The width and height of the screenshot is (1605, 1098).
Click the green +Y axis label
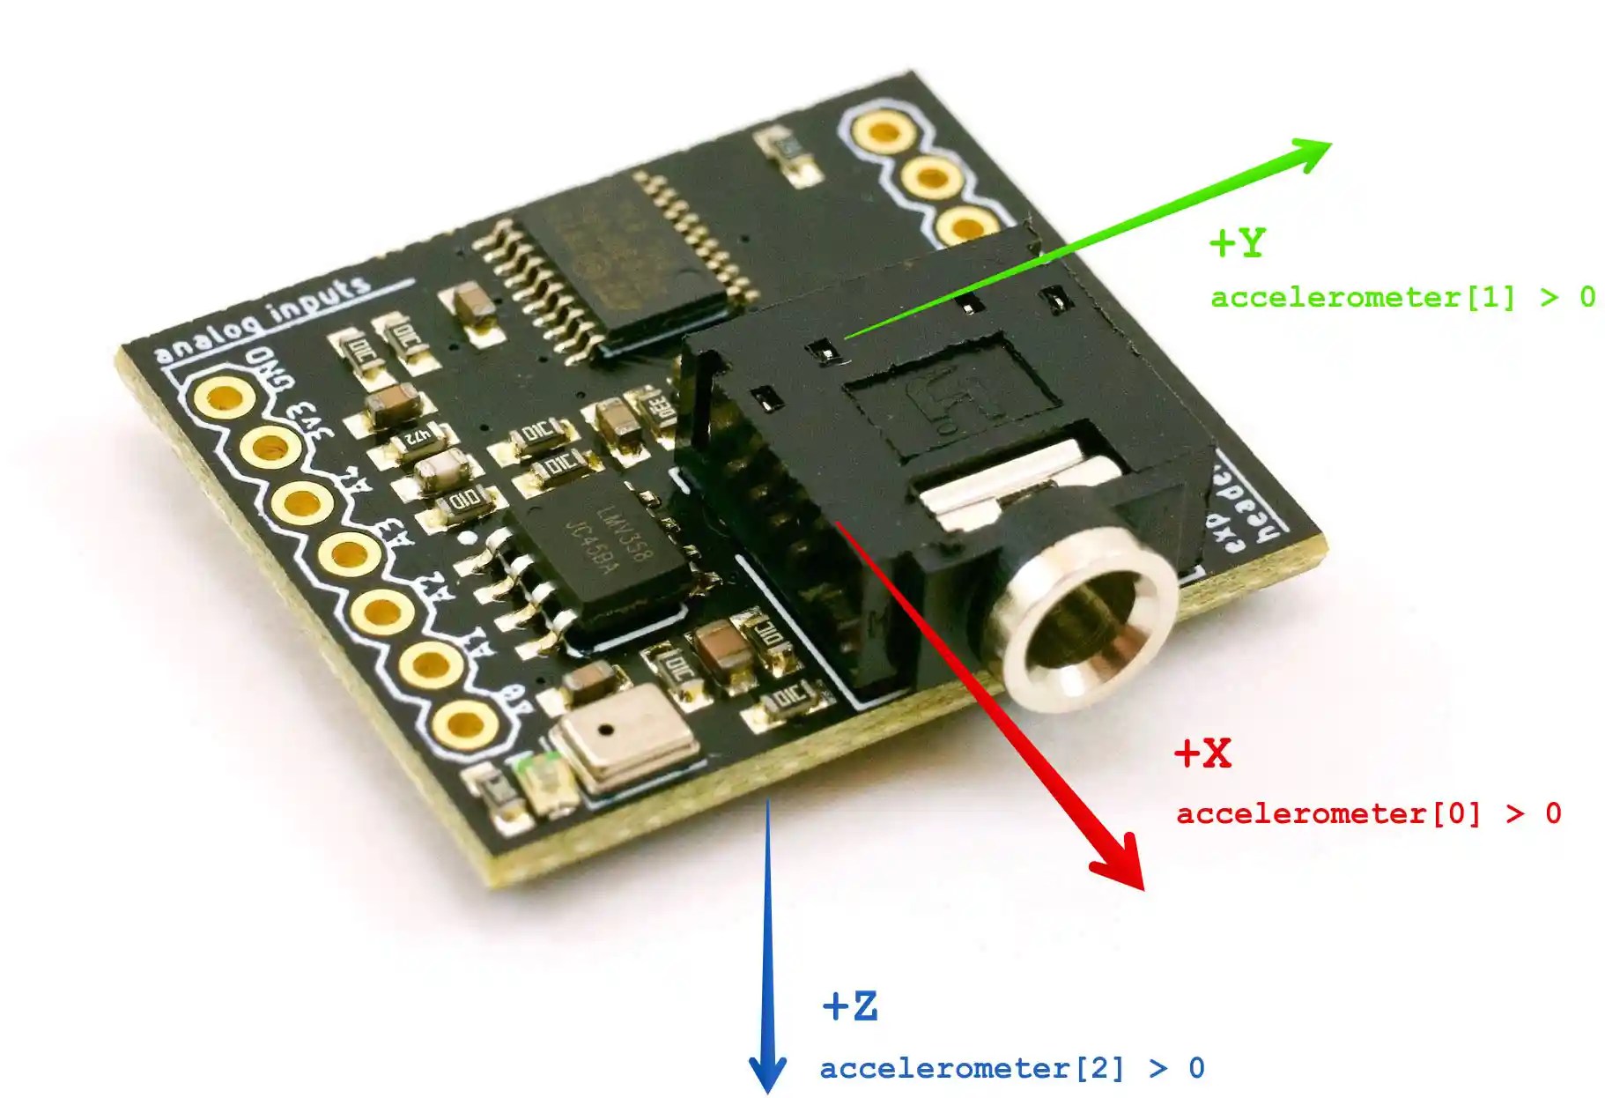click(1237, 242)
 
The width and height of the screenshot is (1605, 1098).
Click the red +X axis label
click(1203, 753)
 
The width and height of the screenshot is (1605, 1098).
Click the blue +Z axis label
click(850, 1005)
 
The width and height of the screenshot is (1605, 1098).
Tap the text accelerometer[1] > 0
click(1402, 297)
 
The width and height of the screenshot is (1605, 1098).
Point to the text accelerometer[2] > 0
click(1011, 1068)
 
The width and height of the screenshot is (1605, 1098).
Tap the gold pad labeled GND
click(225, 397)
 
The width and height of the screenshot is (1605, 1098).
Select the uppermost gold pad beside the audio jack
click(883, 133)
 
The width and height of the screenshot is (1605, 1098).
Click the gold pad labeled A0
click(463, 724)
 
